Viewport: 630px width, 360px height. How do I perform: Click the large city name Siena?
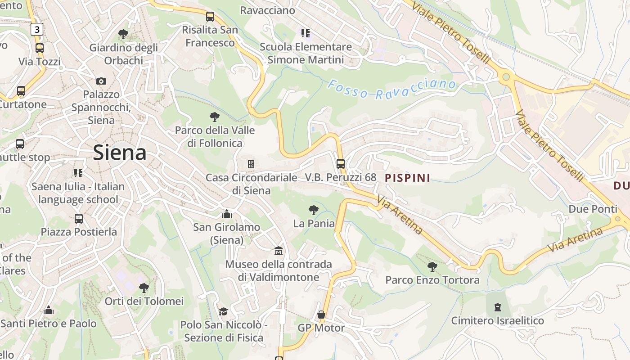[120, 153]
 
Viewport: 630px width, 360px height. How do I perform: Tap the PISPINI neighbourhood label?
[408, 178]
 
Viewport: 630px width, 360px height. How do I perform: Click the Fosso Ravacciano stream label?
[391, 89]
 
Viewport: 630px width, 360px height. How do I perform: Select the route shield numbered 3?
[37, 30]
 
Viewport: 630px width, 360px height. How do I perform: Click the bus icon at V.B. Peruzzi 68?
[341, 163]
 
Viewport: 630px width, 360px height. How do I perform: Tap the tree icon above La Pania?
[314, 210]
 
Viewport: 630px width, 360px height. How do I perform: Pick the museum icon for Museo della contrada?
[279, 251]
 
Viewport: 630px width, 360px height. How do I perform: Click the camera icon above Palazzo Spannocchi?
[101, 81]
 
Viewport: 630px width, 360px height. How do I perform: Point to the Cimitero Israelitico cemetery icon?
[497, 307]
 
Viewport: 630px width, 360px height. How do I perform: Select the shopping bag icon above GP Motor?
[321, 315]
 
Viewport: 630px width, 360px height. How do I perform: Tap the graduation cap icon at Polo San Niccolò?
[223, 311]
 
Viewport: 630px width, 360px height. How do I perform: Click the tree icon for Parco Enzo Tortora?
[432, 267]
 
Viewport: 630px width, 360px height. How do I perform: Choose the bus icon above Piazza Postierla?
[79, 219]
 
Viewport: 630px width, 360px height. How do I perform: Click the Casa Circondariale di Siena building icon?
[251, 164]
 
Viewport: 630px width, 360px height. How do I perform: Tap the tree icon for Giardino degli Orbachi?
[123, 34]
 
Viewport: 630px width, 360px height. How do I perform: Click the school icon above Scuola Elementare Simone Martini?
[306, 33]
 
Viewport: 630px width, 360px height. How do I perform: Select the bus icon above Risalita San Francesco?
[210, 17]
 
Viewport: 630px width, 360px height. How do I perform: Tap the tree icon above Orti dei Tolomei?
[144, 288]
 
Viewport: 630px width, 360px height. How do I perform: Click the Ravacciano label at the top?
[268, 10]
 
